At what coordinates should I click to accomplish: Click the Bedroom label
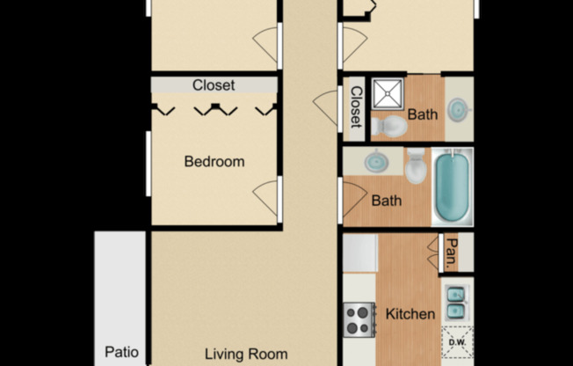pos(214,162)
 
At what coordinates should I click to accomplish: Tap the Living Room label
pos(246,355)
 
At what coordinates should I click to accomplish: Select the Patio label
pos(121,353)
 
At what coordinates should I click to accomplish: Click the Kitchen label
pos(410,314)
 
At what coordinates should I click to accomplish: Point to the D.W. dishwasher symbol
pos(457,342)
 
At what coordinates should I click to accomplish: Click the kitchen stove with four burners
pos(359,319)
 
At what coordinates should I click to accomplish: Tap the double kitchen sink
pos(456,302)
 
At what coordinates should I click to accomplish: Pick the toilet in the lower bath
pos(415,164)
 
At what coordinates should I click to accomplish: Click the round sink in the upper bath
pos(458,110)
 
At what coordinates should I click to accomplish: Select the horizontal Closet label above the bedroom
pos(214,85)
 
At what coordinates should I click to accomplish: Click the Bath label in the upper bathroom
pos(422,114)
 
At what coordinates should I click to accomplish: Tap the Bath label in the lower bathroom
pos(387,201)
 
